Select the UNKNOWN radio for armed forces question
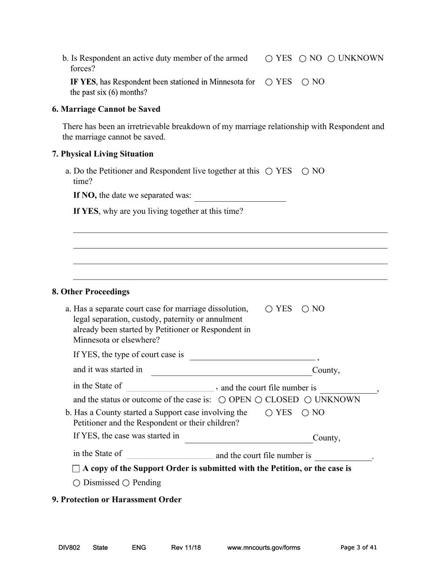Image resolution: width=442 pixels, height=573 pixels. click(332, 59)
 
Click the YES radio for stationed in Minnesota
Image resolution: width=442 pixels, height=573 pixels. click(269, 82)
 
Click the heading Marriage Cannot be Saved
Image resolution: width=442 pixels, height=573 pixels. click(106, 109)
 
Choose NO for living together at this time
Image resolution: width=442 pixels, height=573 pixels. click(305, 171)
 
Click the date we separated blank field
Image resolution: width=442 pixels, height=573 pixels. click(240, 196)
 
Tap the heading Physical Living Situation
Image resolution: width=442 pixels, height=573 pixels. click(102, 154)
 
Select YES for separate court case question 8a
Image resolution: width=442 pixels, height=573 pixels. click(269, 309)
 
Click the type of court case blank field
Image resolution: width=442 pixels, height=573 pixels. click(252, 355)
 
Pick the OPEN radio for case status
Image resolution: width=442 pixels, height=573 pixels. click(222, 400)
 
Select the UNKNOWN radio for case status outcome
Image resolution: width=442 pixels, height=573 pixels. click(308, 400)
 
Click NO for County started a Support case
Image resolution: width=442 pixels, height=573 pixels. click(305, 413)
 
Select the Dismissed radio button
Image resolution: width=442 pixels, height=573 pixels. click(77, 483)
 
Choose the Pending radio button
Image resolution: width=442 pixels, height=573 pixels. click(126, 483)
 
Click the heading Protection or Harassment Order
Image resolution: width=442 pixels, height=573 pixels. click(116, 499)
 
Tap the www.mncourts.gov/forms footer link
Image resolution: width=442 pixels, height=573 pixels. click(263, 548)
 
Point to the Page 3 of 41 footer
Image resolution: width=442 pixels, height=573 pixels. click(358, 548)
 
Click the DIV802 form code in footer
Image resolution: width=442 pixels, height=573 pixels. click(69, 548)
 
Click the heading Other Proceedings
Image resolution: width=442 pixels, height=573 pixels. click(91, 292)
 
